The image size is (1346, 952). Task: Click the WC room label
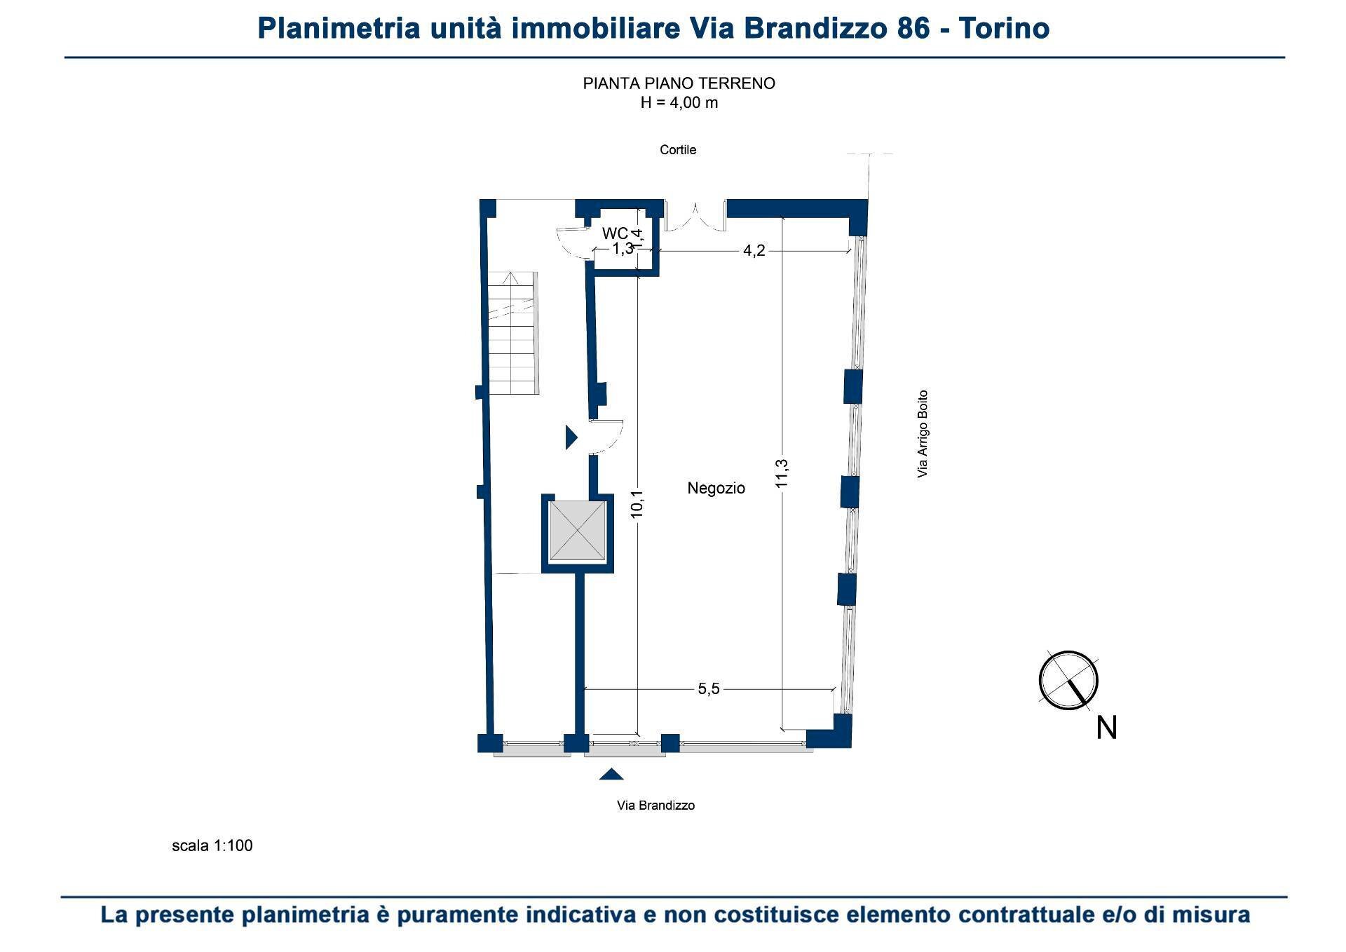tap(615, 233)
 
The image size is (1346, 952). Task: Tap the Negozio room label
tap(716, 488)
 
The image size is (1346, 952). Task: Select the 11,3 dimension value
tap(782, 472)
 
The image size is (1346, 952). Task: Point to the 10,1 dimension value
tap(637, 504)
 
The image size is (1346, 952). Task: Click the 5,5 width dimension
tap(709, 689)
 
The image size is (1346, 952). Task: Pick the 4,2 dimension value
tap(754, 251)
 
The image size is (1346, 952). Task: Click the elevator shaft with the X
tap(577, 531)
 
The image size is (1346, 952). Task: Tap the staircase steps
tap(514, 333)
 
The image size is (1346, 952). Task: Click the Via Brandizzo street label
tap(655, 805)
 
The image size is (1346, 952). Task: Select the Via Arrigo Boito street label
tap(923, 434)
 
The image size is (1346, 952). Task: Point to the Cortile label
tap(678, 150)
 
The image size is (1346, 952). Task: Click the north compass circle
tap(1068, 680)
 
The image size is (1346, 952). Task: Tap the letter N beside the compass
tap(1106, 728)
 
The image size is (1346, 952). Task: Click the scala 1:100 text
tap(212, 845)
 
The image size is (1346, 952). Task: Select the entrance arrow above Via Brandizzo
tap(612, 774)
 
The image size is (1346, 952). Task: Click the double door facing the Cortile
tap(695, 216)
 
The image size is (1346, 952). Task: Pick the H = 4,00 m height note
tap(679, 103)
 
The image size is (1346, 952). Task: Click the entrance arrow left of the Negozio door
tap(571, 437)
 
